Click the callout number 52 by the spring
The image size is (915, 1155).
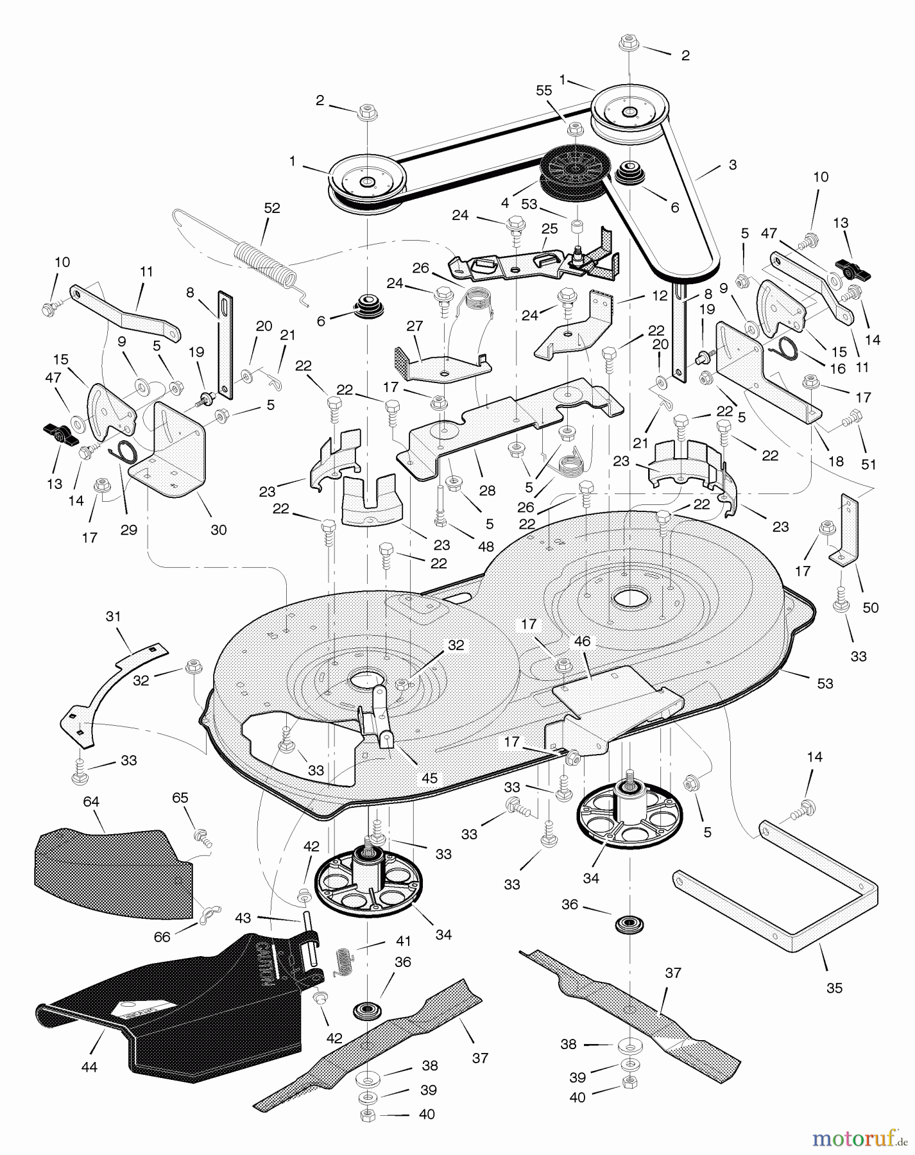pos(273,208)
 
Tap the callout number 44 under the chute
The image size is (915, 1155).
pos(89,1067)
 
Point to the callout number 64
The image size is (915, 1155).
pos(91,801)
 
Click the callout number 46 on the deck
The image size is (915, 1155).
pos(582,642)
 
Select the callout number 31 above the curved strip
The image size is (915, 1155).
pos(113,617)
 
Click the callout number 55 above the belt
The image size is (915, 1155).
pos(543,90)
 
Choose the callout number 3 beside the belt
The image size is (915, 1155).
pos(732,165)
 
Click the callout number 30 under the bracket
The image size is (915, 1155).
pos(219,529)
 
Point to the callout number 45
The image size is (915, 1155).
pos(429,778)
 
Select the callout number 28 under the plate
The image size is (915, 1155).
pos(487,490)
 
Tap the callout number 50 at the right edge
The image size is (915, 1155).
pos(871,607)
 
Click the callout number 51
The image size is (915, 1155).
pos(868,464)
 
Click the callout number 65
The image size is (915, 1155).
pos(180,798)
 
